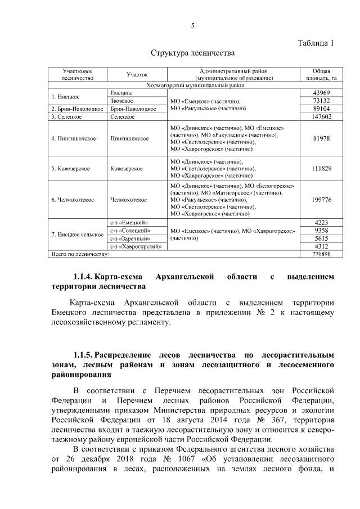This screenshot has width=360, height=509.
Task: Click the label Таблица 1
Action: pyautogui.click(x=315, y=43)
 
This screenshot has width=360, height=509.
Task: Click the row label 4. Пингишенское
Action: pyautogui.click(x=74, y=138)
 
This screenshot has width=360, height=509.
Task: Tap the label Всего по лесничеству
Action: pyautogui.click(x=80, y=254)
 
